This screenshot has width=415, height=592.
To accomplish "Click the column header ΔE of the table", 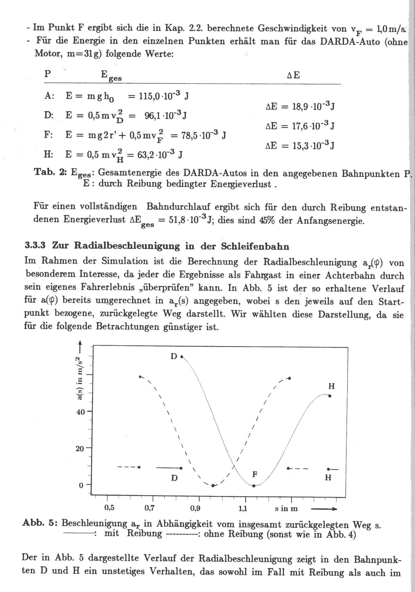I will pos(293,75).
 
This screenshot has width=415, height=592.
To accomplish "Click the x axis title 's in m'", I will pos(286,509).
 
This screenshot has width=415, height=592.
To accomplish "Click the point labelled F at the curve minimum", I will pos(254,486).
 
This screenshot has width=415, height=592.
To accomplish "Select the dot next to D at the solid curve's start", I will pos(182,357).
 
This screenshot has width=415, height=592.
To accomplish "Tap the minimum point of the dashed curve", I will pos(213,486).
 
